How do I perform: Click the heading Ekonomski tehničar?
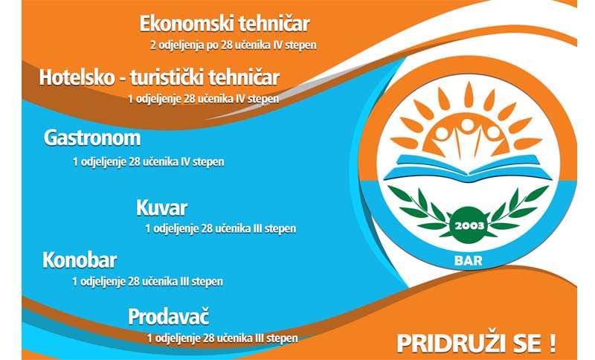[225, 24]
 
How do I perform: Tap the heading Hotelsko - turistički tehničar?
[159, 77]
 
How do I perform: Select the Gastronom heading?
[92, 138]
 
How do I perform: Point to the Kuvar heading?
[161, 208]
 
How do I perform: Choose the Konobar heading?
[80, 260]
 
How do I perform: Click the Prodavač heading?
[169, 317]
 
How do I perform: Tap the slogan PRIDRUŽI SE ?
[476, 344]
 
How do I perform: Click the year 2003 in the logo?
[469, 226]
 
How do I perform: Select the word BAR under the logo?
[469, 260]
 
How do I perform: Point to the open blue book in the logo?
[468, 167]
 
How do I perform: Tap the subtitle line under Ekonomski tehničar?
[234, 45]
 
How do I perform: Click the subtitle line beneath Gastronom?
[148, 162]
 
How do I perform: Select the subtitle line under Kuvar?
[220, 229]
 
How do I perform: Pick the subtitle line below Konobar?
[147, 281]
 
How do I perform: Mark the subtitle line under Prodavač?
[222, 338]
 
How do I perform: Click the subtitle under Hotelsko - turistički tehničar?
[203, 99]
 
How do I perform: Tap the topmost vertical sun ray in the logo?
[469, 94]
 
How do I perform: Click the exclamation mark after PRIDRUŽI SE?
[552, 344]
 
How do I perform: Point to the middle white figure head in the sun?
[468, 124]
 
